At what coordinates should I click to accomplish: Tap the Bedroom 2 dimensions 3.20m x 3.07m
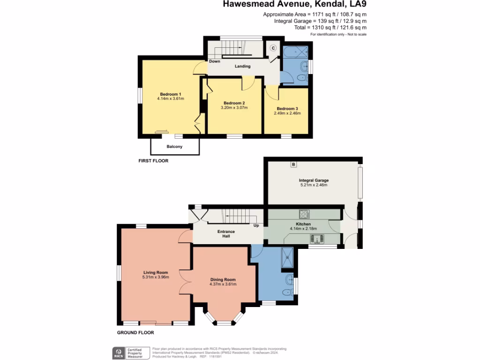[234, 108]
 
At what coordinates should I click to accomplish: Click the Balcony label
[174, 147]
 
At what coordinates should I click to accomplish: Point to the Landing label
[243, 66]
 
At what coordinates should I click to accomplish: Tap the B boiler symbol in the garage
[293, 165]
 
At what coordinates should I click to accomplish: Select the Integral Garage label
[314, 180]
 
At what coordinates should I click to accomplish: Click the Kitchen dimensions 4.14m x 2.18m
[303, 229]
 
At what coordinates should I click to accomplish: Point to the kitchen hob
[303, 214]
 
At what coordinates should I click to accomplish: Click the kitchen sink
[316, 240]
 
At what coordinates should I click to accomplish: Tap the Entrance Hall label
[225, 234]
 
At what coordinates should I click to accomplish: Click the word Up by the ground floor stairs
[256, 225]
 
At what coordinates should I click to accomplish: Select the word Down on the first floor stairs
[215, 61]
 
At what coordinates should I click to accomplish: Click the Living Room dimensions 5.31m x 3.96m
[156, 277]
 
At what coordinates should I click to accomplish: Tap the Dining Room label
[223, 279]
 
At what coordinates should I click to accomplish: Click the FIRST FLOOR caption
[153, 161]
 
